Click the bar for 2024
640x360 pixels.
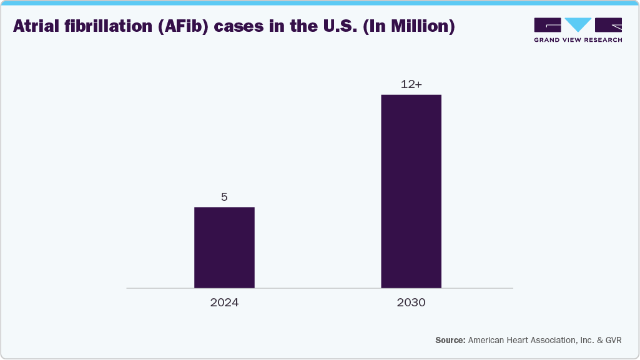tap(224, 248)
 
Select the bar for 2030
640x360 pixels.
tap(411, 192)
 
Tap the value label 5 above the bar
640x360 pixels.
tap(224, 197)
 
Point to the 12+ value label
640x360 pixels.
tap(411, 84)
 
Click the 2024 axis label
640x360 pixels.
tap(224, 303)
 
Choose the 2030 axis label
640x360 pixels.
tap(411, 303)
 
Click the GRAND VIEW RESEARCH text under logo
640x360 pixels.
tap(578, 40)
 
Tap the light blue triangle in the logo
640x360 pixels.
tap(578, 25)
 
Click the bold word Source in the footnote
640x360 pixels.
tap(450, 340)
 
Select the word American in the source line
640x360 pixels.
tap(488, 340)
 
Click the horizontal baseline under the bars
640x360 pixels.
tap(319, 288)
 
